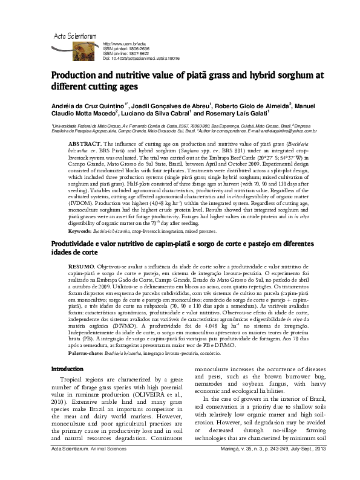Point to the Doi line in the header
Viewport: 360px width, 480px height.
tap(139, 58)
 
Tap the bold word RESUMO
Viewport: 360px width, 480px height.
tap(82, 283)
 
